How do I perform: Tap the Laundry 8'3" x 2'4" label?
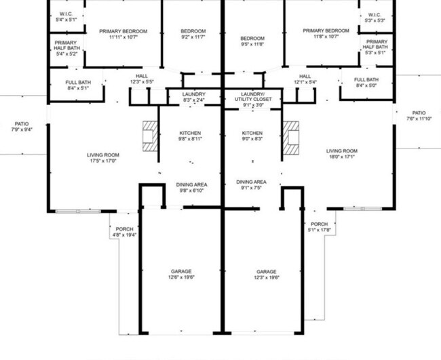193,97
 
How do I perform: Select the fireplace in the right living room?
291,135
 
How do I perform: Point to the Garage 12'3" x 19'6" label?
266,274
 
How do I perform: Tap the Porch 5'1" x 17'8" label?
319,227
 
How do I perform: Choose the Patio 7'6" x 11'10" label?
419,116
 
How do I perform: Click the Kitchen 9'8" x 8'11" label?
190,136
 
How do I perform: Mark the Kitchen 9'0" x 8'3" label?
252,136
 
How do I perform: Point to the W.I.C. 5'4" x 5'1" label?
66,17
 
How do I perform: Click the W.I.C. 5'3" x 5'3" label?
375,17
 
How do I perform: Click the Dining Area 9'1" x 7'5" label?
251,186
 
